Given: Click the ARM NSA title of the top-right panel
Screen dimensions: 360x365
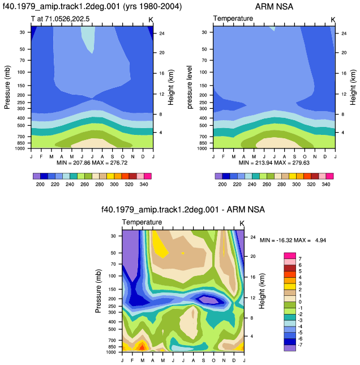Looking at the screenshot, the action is [274, 7].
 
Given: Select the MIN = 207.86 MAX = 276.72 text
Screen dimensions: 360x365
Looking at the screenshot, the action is [92, 163].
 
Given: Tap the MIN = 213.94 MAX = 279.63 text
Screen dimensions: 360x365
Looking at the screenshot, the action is [274, 163].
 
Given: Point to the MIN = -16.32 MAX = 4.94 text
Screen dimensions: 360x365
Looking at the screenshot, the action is [293, 240].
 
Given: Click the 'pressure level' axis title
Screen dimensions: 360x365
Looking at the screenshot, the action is [190, 87].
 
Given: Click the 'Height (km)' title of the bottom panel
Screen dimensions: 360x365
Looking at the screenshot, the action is [262, 291].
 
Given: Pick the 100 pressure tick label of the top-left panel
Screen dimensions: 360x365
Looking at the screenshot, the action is [21, 72].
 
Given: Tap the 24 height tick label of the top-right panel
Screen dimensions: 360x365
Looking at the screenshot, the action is [344, 33].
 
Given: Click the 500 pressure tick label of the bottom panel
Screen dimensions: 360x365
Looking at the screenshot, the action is [112, 329].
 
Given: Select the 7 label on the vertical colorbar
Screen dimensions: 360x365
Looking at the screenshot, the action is [300, 259].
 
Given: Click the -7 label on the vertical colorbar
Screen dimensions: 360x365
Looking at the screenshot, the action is [300, 345].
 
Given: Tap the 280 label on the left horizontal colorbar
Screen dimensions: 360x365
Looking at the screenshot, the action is [100, 184].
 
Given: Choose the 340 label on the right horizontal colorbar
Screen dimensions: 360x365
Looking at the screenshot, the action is [326, 184].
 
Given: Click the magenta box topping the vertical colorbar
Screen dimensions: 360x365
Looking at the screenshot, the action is [290, 256].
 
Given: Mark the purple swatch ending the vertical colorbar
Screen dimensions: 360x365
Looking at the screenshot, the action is [290, 348].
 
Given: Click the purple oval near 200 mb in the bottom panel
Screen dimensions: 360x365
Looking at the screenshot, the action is [207, 299].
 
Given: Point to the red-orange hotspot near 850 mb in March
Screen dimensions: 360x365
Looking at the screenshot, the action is [142, 346].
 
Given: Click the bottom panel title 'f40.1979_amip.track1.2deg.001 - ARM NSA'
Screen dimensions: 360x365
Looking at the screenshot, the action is [183, 210].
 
